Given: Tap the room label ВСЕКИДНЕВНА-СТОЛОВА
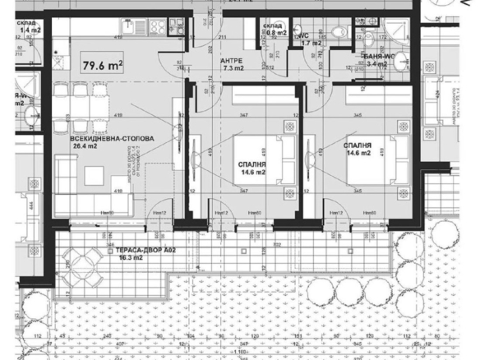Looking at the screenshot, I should tap(103, 141).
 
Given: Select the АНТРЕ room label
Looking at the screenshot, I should tap(231, 61).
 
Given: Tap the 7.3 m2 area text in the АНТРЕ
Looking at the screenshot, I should tap(233, 69).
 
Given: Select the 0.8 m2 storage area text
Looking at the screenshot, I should tap(275, 34).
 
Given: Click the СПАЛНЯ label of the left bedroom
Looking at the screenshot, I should tap(252, 164).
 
